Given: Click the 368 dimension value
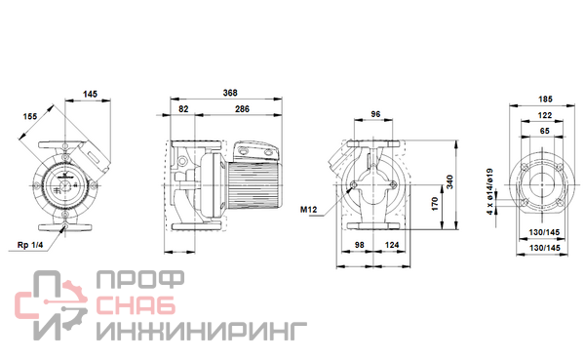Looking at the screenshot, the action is (x=230, y=93).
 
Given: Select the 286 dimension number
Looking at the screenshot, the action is (x=242, y=109).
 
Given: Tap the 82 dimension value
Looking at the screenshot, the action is (x=183, y=109).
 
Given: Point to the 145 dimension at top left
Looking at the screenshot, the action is (x=90, y=94).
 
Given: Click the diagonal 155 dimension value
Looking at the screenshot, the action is (x=30, y=116).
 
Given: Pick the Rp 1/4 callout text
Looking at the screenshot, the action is (x=30, y=245).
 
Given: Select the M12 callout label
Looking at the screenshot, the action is (x=308, y=210).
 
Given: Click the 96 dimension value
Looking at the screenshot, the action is (x=375, y=114).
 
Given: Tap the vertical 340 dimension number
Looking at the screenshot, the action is (x=449, y=181).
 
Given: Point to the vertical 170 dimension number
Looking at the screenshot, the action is (x=435, y=204).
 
